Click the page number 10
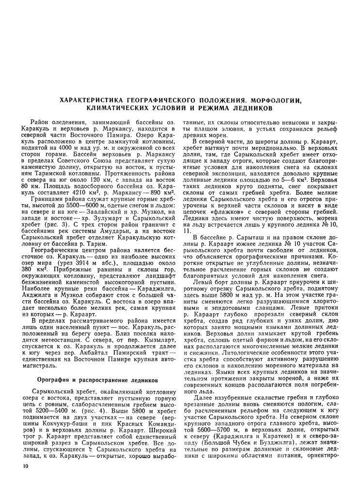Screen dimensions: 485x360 tap(19, 466)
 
